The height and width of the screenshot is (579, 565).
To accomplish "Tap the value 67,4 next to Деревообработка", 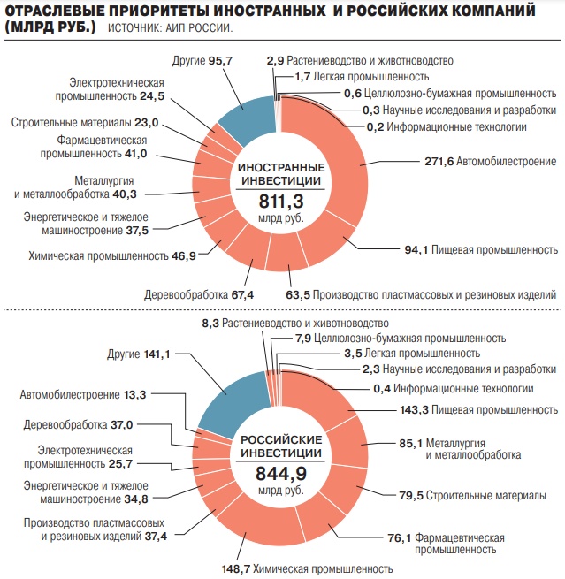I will click(x=241, y=294).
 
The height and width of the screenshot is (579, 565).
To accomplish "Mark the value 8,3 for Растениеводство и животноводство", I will click(x=210, y=324).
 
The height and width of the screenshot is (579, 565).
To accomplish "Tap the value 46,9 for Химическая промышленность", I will click(x=185, y=256).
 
